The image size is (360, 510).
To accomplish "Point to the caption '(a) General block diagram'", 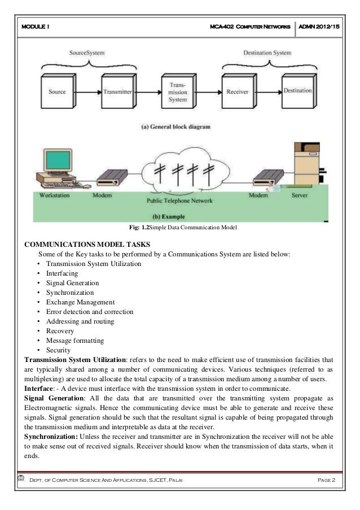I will pos(175,127).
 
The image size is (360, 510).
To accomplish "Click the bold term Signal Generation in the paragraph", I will pos(50,398).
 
